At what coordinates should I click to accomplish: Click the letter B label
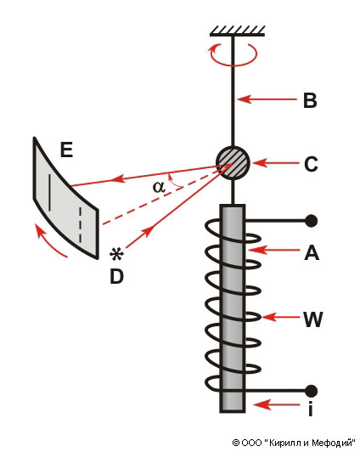310,100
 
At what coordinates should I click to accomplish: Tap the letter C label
311,164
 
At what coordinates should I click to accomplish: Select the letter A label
312,253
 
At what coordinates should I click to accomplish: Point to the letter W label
312,319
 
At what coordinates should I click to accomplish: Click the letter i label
310,407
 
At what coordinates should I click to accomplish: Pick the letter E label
66,150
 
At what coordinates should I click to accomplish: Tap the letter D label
116,276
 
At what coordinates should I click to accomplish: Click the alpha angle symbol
159,187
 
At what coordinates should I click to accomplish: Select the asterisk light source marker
116,255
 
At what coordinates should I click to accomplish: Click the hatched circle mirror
233,163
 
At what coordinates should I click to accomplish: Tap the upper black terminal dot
311,221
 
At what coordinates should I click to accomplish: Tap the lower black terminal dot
311,391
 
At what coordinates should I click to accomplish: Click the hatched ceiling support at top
238,31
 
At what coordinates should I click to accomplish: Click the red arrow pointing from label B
267,99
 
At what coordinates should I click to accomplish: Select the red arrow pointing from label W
281,317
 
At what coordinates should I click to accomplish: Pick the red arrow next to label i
277,404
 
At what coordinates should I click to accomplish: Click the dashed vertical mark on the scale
81,225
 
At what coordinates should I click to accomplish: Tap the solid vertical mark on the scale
49,192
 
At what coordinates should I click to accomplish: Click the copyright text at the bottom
294,443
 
